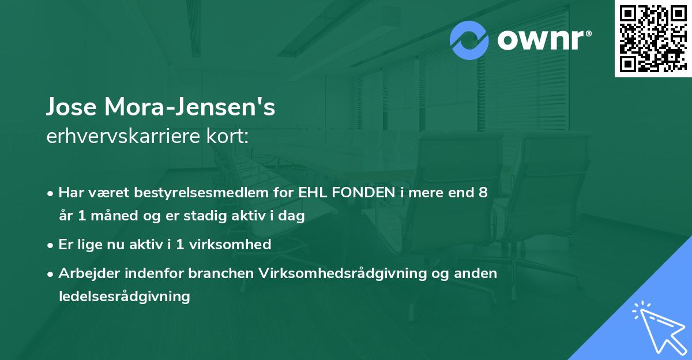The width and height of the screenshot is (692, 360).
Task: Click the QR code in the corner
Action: pyautogui.click(x=653, y=39)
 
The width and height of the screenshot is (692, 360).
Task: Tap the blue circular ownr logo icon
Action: pyautogui.click(x=469, y=40)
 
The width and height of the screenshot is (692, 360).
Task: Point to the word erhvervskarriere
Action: pyautogui.click(x=118, y=137)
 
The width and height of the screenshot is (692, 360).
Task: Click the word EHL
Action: pyautogui.click(x=314, y=193)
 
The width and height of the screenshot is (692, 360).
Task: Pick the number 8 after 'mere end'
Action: pyautogui.click(x=483, y=193)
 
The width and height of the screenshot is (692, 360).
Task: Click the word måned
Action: pyautogui.click(x=113, y=216)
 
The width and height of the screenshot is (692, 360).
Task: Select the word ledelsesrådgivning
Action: pyautogui.click(x=124, y=297)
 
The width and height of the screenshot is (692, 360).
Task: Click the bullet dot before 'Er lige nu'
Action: pyautogui.click(x=51, y=245)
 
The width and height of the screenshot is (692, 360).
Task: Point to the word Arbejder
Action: pyautogui.click(x=84, y=273)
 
